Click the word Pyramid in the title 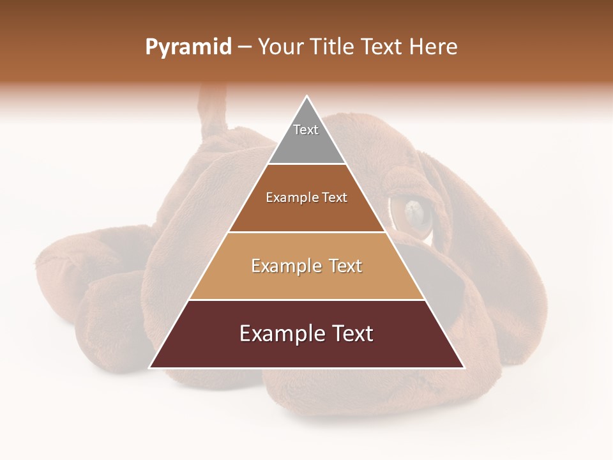click(188, 47)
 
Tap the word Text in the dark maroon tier click(351, 333)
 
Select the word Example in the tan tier click(284, 266)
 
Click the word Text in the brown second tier click(335, 197)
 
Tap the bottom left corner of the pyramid click(151, 367)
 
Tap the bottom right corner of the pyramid click(464, 367)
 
